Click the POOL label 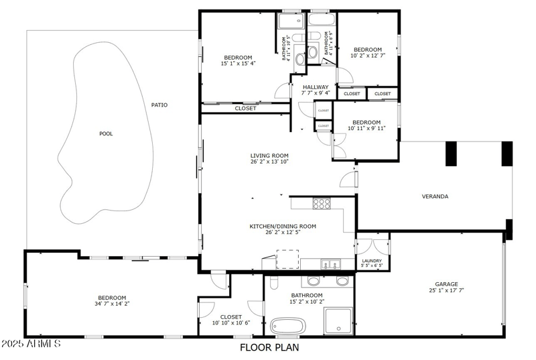tap(106, 133)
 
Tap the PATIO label tap(159, 105)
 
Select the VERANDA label tap(435, 196)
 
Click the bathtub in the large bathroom tap(287, 326)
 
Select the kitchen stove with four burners tap(322, 204)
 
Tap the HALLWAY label tap(316, 87)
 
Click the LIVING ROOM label tap(270, 156)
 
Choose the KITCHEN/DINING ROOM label tap(283, 227)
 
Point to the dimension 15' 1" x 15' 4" tap(239, 64)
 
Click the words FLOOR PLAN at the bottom tap(269, 347)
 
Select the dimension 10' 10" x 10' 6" tap(231, 323)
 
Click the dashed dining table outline tap(287, 259)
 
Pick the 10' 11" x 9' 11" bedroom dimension tap(367, 129)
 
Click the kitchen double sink tap(329, 263)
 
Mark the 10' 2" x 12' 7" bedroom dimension tap(368, 56)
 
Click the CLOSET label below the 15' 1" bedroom tap(245, 108)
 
